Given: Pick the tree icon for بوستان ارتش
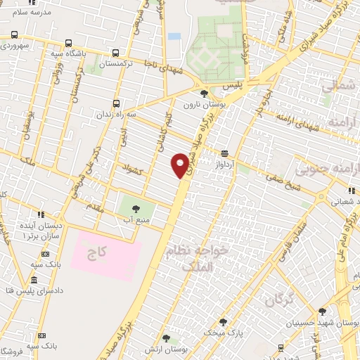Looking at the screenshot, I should tap(166, 337).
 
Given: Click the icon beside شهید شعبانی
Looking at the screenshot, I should tap(350, 189).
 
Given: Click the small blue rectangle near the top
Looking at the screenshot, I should tap(174, 36).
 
